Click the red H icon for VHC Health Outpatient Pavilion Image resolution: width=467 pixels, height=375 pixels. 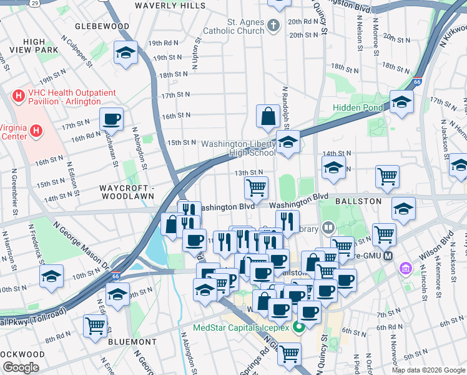click(x=19, y=97)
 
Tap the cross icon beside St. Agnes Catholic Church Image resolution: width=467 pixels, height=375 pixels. click(x=272, y=26)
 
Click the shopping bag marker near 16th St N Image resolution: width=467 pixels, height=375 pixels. click(x=268, y=116)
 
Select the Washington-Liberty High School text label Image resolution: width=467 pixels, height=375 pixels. click(x=237, y=148)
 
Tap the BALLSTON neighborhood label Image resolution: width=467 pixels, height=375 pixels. click(x=357, y=202)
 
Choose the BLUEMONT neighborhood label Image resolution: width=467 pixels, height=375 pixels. click(x=132, y=342)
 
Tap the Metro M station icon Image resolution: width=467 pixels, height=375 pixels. click(x=388, y=257)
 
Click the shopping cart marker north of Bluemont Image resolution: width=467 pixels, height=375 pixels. click(x=95, y=325)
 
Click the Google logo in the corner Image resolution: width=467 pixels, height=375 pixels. click(x=21, y=367)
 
